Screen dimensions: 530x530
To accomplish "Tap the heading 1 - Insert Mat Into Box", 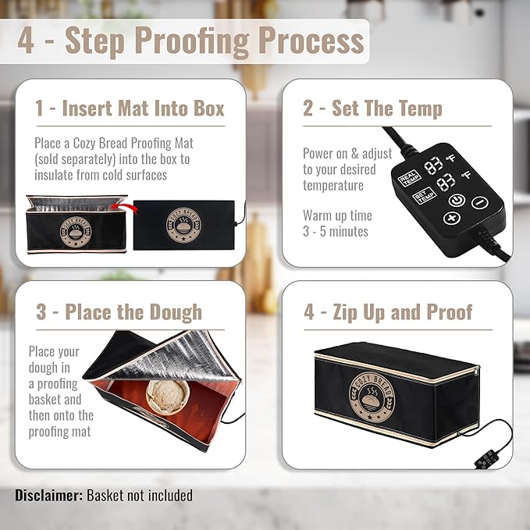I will (130, 108).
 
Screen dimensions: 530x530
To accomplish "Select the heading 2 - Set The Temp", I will (372, 108).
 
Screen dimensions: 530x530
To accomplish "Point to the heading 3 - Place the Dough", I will (119, 312).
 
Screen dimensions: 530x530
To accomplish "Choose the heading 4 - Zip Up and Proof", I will (388, 312).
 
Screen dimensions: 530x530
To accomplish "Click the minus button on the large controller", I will (480, 203).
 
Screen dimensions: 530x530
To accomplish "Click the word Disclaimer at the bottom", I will (48, 495).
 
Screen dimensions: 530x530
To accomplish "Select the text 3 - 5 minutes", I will (336, 231).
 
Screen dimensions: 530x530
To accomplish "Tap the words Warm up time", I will (337, 215).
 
